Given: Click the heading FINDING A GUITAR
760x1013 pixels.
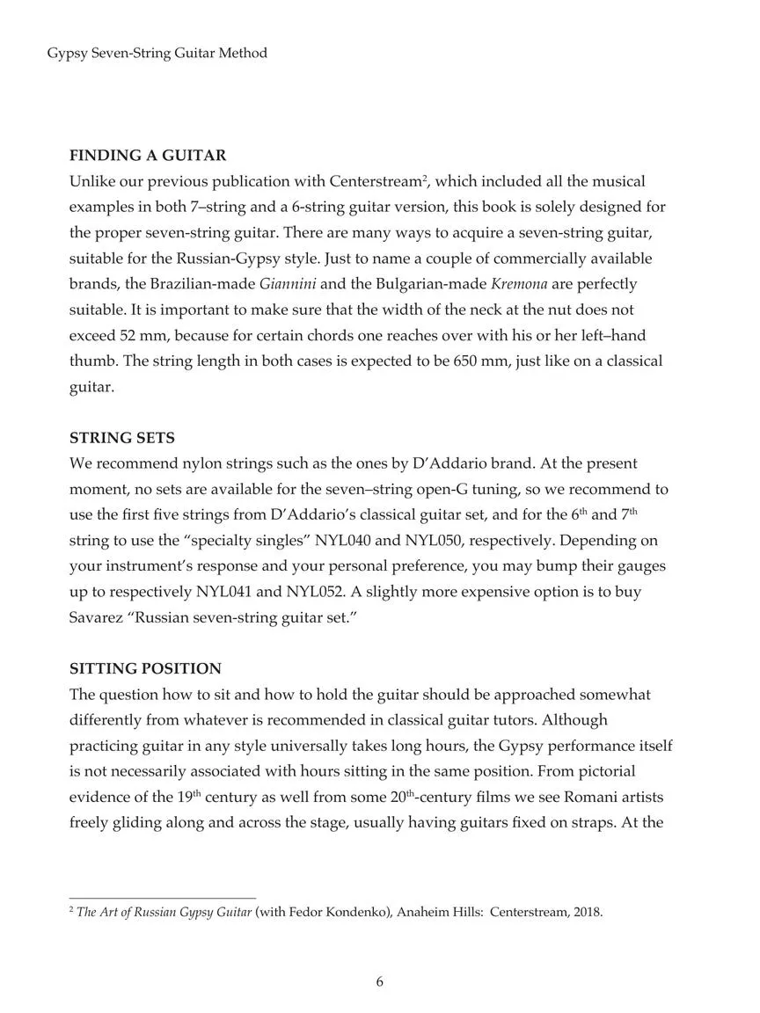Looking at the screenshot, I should (x=148, y=156).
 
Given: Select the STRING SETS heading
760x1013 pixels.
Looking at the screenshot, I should (x=122, y=438).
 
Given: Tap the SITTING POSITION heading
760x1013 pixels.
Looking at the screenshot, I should (x=145, y=669).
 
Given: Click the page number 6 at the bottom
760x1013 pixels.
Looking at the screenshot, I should (x=379, y=982).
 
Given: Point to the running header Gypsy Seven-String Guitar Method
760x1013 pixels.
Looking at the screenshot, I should (x=157, y=54).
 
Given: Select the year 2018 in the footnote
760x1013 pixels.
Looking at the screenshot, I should (x=588, y=912).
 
